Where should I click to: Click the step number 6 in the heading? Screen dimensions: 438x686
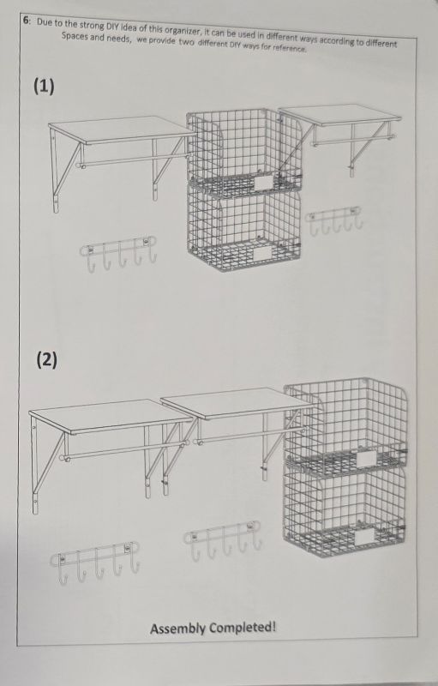pos(27,20)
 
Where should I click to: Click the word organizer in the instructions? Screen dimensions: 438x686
pos(182,31)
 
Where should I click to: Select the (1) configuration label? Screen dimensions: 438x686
pos(45,87)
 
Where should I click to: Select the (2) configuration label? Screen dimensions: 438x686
pos(46,359)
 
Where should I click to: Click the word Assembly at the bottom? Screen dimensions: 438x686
pos(177,629)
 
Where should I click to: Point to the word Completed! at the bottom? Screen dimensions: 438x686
pos(243,628)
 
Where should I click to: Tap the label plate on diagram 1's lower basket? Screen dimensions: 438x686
pos(261,253)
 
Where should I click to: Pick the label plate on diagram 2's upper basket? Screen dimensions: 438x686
pos(367,458)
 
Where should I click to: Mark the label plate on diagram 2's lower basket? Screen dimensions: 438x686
pos(364,537)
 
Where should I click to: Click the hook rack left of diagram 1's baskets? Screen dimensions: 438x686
pos(118,254)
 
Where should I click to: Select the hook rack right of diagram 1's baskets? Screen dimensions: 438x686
pos(334,220)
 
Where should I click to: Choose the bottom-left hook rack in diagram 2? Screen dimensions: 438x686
pos(95,563)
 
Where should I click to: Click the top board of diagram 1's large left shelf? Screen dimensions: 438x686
pos(122,129)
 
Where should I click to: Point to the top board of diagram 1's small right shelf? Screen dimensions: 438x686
pos(339,115)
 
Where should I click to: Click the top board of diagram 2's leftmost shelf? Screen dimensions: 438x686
pos(111,416)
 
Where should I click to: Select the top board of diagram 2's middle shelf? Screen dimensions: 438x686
pos(237,404)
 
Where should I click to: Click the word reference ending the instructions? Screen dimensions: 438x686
pos(290,48)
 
